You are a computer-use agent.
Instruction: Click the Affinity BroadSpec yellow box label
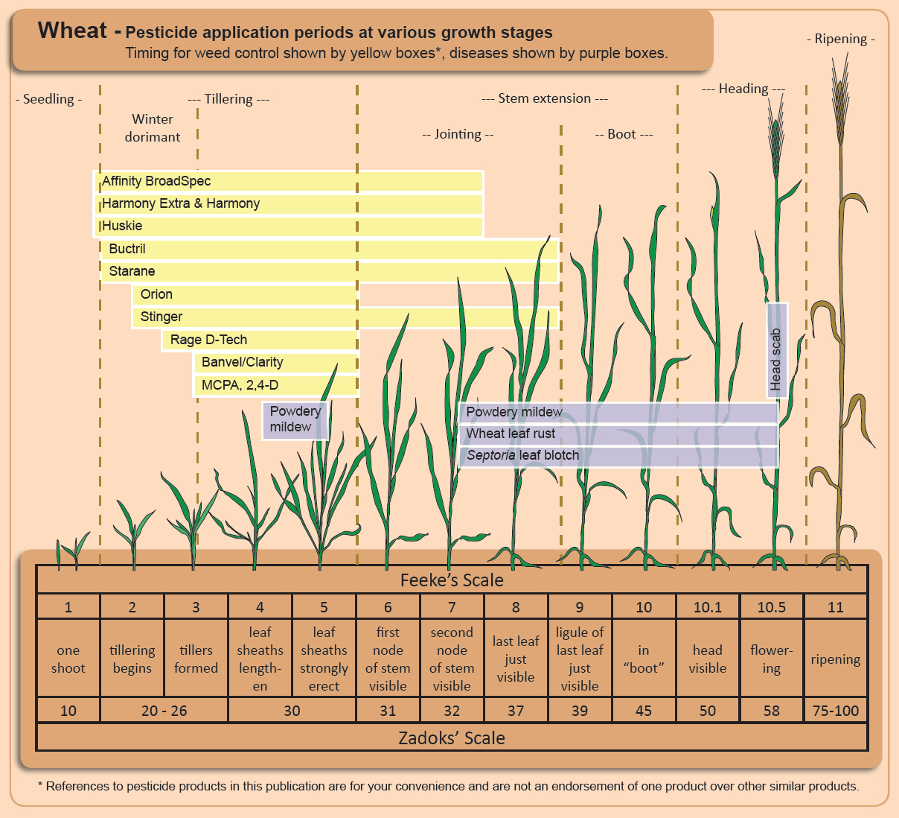coord(156,181)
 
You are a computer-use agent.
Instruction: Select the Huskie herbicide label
coord(122,226)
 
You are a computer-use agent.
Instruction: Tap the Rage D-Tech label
coord(208,340)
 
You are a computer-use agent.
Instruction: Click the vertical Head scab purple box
coord(776,350)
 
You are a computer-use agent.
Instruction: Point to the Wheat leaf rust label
coord(511,434)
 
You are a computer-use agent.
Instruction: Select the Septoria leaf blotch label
coord(522,455)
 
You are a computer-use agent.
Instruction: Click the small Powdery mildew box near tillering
coord(295,419)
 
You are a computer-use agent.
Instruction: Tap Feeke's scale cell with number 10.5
coord(771,607)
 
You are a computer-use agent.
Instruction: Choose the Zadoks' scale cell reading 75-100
coord(835,711)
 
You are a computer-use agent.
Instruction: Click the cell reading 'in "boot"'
coord(643,659)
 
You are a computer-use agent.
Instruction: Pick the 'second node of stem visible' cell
coord(452,659)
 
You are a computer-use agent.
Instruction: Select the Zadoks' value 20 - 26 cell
coord(164,711)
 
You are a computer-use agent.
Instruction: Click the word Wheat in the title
coord(72,31)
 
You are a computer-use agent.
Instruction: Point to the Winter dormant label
coord(153,127)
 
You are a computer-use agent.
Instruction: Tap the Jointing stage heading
coord(457,134)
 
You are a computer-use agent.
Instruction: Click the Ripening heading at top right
coord(840,39)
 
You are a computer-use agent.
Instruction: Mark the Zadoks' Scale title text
coord(451,738)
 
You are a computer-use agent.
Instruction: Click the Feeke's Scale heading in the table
coord(451,580)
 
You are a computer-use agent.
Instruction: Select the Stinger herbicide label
coord(161,317)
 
